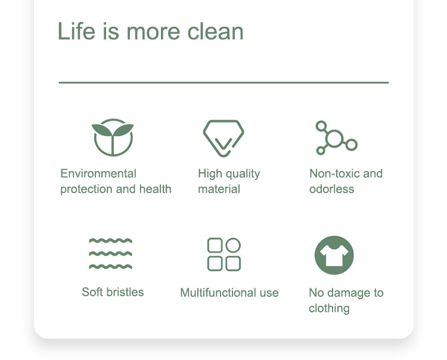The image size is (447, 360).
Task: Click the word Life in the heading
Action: pos(76,31)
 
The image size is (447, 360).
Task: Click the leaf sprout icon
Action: pos(113,138)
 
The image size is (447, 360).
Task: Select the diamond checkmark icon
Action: pos(223,138)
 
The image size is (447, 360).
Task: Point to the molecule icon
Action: pos(336,138)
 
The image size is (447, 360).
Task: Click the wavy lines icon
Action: pos(111,254)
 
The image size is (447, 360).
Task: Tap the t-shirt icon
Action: pos(334,255)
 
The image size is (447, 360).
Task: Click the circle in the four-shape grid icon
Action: pos(233,245)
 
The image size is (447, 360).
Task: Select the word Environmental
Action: pos(98,173)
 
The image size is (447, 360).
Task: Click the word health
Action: pos(155,189)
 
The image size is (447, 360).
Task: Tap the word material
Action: pos(219,190)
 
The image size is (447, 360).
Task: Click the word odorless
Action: pos(332,189)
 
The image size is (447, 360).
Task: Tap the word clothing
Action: pos(329,309)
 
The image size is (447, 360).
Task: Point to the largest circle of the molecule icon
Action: pos(334,138)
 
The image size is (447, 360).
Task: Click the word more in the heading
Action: pos(153,32)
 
